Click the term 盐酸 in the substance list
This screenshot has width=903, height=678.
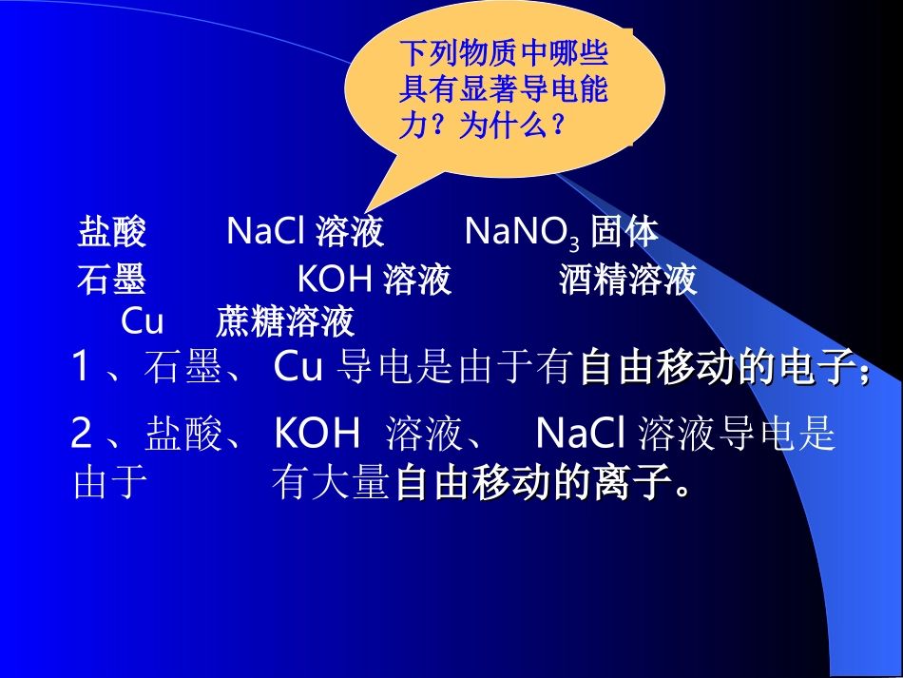coord(111,231)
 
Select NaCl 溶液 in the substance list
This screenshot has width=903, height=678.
coord(305,231)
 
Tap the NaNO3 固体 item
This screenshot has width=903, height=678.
coord(561,231)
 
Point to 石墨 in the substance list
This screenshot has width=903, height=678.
coord(110,280)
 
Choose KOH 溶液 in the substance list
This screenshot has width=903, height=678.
coord(375,280)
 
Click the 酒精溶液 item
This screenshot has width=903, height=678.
coord(627,280)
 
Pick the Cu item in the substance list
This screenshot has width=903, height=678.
coord(143,321)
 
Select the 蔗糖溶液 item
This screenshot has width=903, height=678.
coord(285,321)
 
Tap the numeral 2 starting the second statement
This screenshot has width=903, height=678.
coord(82,435)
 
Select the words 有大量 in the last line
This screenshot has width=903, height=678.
coord(331,484)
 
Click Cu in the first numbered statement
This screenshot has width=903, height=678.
coord(298,368)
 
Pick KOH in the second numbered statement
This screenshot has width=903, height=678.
coord(317,435)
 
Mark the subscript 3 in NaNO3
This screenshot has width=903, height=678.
coord(574,239)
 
